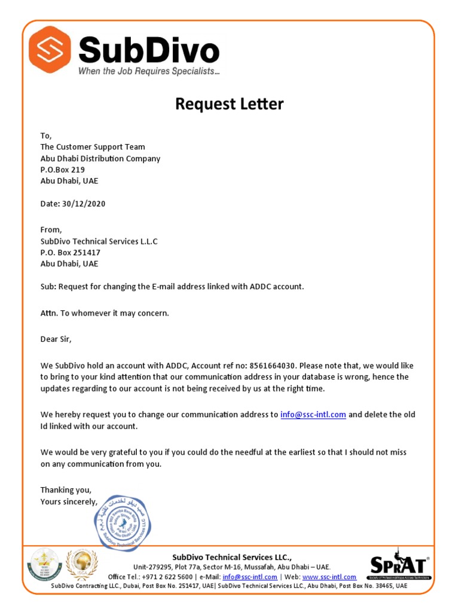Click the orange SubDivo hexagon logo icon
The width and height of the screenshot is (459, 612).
50,50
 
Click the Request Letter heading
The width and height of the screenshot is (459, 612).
229,104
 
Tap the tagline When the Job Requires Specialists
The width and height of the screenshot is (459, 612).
149,71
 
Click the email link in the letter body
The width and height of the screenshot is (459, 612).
313,414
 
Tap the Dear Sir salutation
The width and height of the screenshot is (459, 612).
56,339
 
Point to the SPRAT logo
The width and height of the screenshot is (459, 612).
398,565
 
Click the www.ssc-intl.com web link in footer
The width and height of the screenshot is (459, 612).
329,577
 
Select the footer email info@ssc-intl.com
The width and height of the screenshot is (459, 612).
249,577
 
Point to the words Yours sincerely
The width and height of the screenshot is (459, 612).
68,501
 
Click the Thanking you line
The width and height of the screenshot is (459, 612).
66,489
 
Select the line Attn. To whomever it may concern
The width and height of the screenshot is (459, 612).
105,313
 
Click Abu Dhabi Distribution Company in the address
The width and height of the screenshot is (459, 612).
100,158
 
